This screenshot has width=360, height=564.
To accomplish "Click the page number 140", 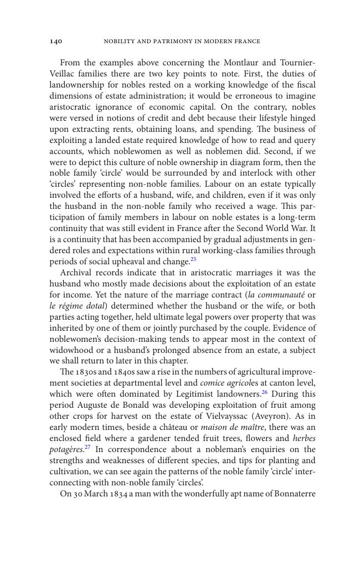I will (x=55, y=42).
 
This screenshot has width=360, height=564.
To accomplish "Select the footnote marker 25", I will (x=193, y=259).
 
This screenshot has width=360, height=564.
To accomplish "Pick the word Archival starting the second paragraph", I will (x=76, y=273).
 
